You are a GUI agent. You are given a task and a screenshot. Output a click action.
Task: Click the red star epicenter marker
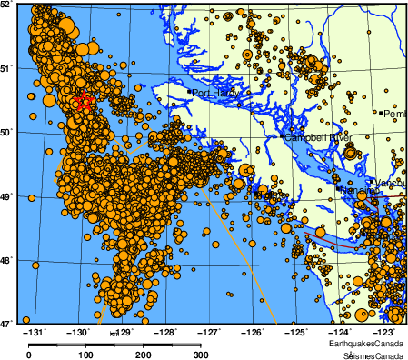pyautogui.click(x=85, y=102)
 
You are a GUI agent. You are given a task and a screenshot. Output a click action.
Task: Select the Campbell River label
pyautogui.click(x=317, y=137)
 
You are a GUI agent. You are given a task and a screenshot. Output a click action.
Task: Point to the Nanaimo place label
pyautogui.click(x=354, y=191)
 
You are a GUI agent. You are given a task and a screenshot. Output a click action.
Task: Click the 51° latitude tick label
pyautogui.click(x=7, y=68)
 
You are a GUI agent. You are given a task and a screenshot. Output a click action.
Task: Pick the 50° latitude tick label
pyautogui.click(x=7, y=132)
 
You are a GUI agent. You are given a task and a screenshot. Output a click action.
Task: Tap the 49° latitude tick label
pyautogui.click(x=7, y=195)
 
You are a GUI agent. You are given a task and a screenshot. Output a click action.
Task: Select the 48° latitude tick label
pyautogui.click(x=7, y=259)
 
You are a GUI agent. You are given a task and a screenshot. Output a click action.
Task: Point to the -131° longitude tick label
pyautogui.click(x=35, y=333)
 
